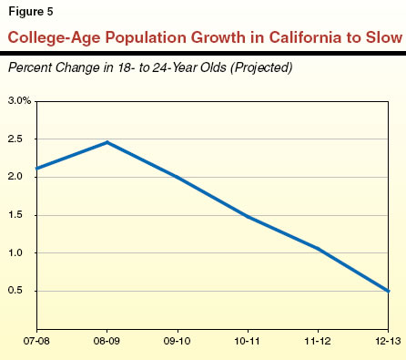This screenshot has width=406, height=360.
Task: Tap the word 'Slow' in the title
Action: click(x=378, y=39)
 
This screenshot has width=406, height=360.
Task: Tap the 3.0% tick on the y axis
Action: click(x=19, y=99)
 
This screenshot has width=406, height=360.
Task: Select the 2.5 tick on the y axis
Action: click(x=15, y=139)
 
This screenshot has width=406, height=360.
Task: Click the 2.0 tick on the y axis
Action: click(x=15, y=177)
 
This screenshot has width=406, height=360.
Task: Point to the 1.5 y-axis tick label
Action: click(x=15, y=215)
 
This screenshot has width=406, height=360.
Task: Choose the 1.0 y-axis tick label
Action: click(x=15, y=253)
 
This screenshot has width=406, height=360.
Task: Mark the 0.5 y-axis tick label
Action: click(x=15, y=292)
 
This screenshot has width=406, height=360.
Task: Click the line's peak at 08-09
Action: click(x=107, y=142)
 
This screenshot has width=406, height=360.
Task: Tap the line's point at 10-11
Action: click(x=248, y=217)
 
